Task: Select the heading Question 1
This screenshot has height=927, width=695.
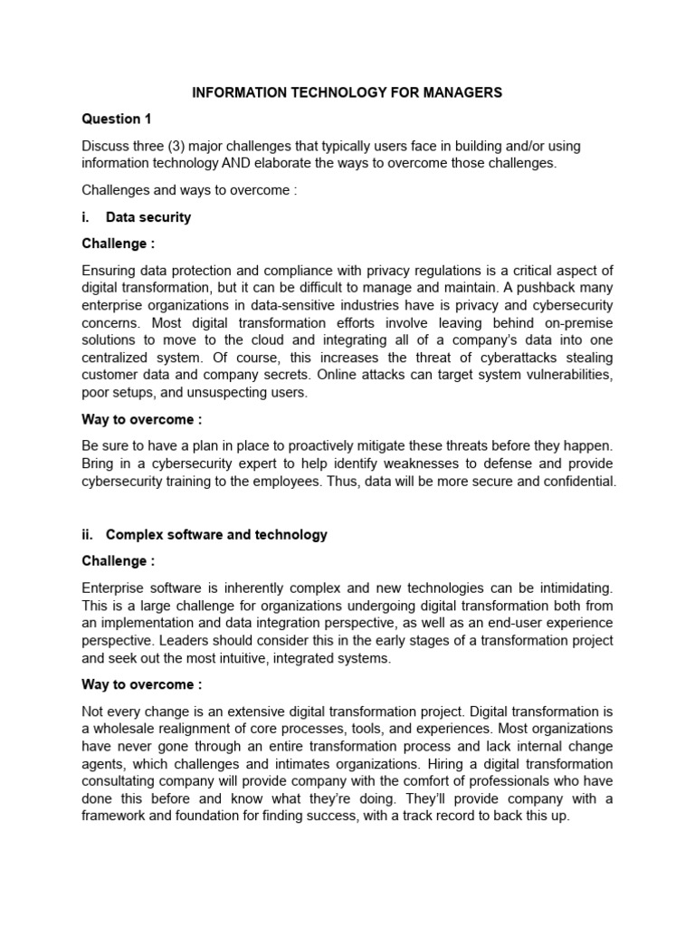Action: tap(111, 119)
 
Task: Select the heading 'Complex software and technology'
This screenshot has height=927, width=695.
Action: tap(216, 534)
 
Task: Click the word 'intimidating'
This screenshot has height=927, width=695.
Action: tap(569, 588)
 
